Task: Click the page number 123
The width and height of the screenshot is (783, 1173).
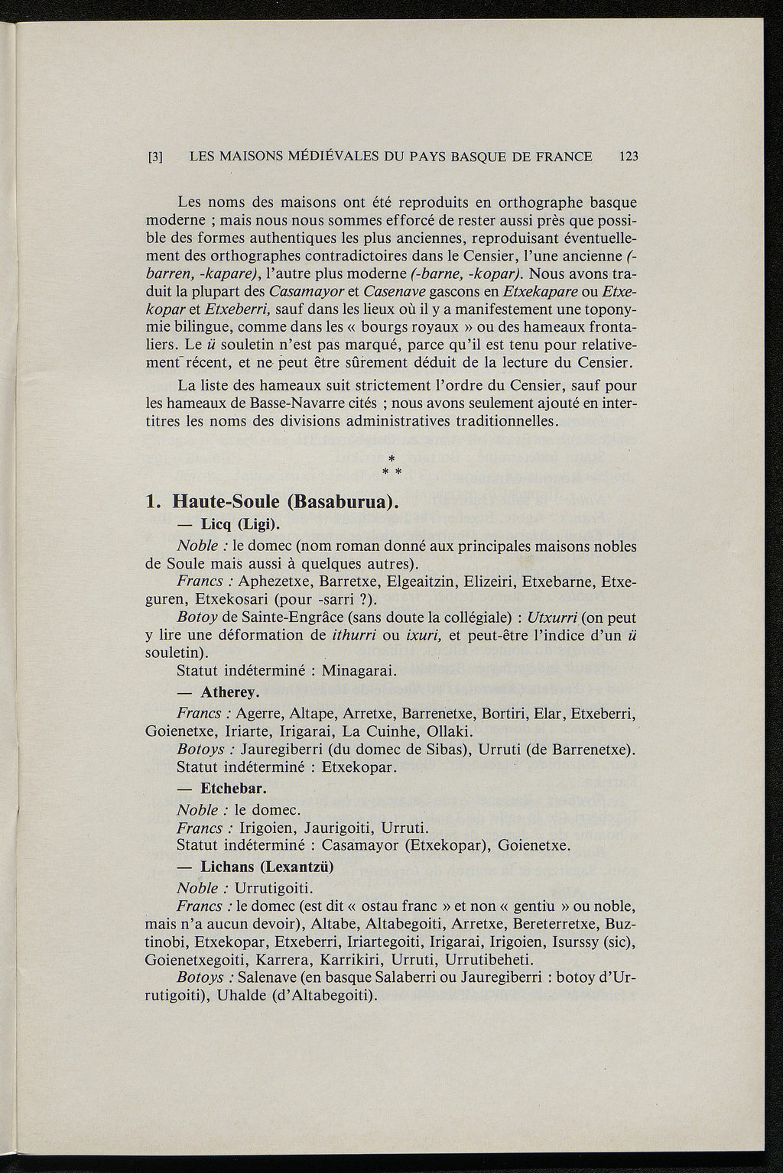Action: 629,157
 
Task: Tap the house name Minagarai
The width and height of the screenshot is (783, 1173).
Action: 358,672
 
